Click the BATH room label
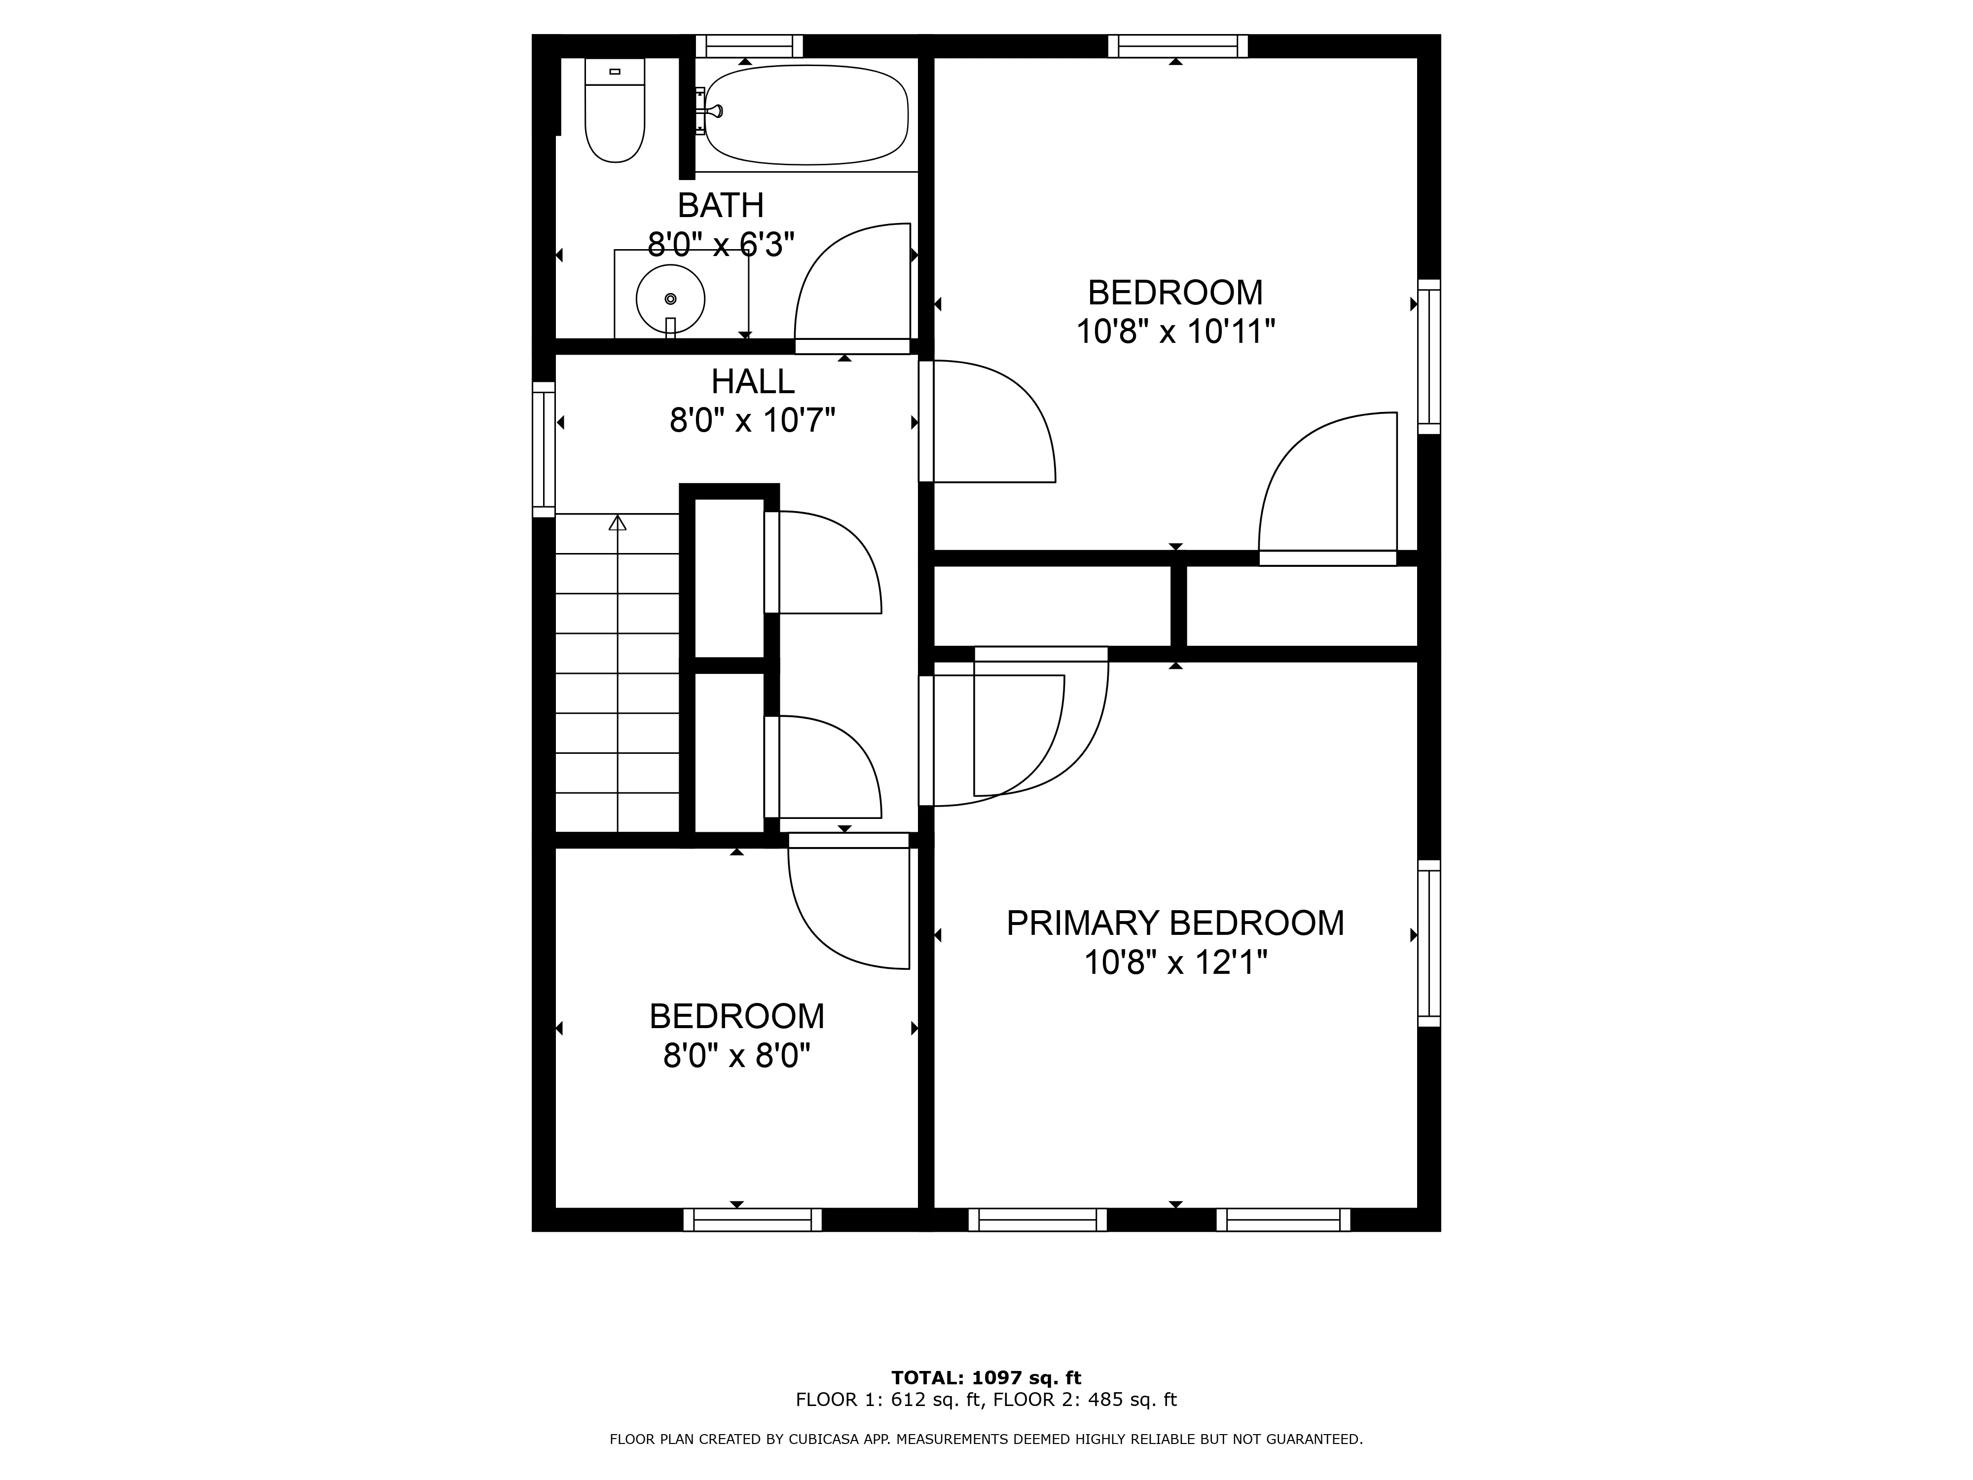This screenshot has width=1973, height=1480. (x=721, y=205)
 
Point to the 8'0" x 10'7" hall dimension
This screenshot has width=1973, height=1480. (x=752, y=420)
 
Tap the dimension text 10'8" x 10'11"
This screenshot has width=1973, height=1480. (x=1175, y=332)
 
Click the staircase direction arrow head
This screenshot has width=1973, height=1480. (x=617, y=523)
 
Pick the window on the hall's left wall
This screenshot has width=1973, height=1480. (x=543, y=449)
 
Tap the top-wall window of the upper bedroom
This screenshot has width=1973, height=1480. (x=1177, y=45)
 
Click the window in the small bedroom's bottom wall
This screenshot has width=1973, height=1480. (x=752, y=1220)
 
